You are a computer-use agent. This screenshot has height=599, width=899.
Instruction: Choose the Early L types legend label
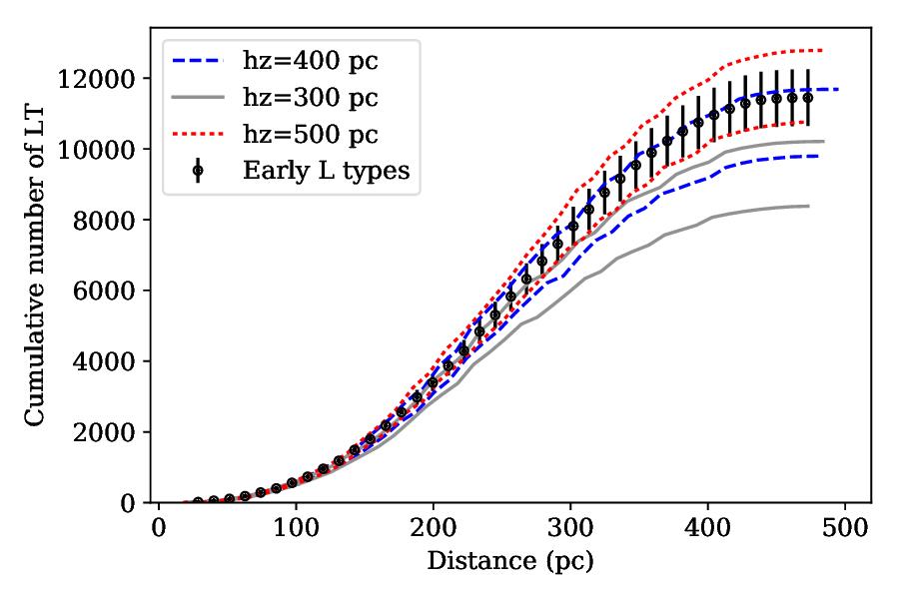click(x=326, y=170)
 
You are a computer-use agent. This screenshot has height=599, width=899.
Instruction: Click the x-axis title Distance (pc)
click(x=509, y=562)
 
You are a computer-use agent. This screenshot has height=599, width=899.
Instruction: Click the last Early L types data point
click(x=808, y=98)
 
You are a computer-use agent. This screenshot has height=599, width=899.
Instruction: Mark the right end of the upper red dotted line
click(x=822, y=50)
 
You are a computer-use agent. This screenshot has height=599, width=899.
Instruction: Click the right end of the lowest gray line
click(x=808, y=206)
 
